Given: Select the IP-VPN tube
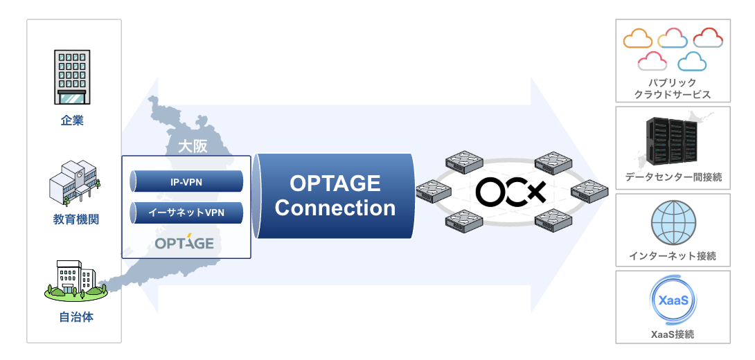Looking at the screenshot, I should [x=186, y=181].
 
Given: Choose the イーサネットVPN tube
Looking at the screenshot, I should [x=186, y=211].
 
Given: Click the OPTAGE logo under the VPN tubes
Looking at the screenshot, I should [x=184, y=243].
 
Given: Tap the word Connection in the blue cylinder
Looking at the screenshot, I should [x=335, y=208].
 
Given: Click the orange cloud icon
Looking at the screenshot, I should [x=638, y=39].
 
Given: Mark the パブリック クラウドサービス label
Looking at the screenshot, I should [x=673, y=89].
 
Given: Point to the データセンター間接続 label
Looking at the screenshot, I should [x=673, y=177].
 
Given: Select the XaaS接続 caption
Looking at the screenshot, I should [x=673, y=334].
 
